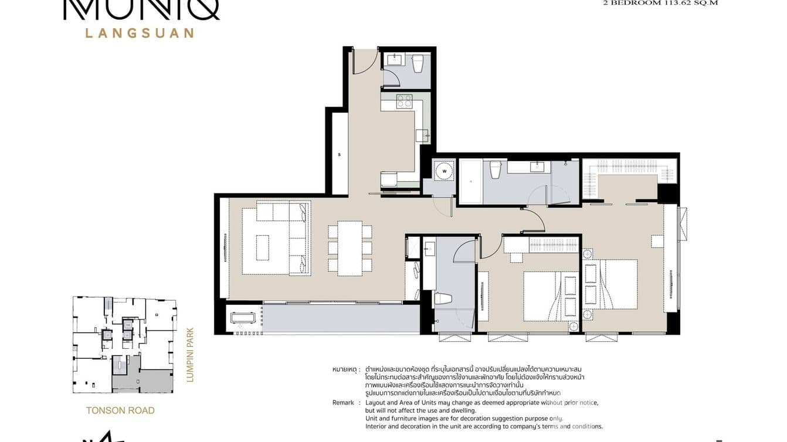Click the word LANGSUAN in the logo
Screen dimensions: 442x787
click(140, 33)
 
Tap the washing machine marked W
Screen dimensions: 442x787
click(445, 171)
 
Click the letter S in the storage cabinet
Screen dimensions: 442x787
click(340, 155)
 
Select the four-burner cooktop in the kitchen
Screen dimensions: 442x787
click(405, 101)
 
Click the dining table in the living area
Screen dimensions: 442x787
click(350, 248)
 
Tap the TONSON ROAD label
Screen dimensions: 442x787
click(120, 410)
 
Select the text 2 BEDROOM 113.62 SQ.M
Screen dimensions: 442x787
click(660, 2)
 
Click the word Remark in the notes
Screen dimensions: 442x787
click(343, 403)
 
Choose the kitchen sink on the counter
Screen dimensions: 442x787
click(423, 136)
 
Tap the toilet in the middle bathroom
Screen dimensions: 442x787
click(443, 298)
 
